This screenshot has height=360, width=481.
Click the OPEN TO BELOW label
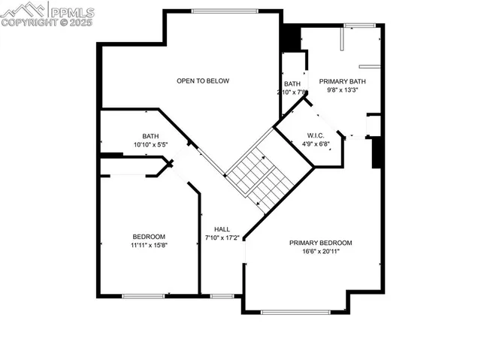coord(203,81)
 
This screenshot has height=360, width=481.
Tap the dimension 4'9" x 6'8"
coord(315,144)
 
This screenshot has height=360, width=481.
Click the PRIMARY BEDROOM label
coord(321,243)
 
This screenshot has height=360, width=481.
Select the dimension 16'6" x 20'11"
coord(321,252)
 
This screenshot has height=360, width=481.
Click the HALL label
coord(222,229)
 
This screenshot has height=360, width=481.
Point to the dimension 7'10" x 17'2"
coord(222,238)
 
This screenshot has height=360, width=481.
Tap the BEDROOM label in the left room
coord(149,236)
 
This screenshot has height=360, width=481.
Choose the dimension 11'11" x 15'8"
coord(149,245)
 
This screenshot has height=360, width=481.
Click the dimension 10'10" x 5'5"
coord(150,144)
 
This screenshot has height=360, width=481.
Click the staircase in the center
coord(259,177)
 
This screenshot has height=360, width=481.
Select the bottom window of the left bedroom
coord(143,296)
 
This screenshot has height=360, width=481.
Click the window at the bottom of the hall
coord(222,296)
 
